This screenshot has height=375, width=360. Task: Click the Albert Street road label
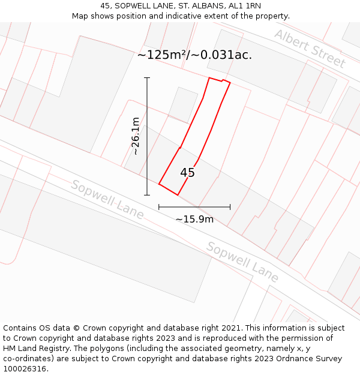310,48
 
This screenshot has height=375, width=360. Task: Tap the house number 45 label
187,173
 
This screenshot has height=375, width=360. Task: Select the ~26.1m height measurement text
136,136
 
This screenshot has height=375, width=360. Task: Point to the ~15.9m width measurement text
194,219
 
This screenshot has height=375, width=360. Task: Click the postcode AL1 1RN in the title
245,6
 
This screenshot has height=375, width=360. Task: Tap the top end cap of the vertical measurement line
147,77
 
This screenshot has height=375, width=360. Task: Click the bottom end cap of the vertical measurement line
147,195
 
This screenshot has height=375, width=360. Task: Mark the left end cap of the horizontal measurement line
159,207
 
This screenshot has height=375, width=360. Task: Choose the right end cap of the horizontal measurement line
230,207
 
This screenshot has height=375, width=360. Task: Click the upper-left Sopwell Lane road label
107,199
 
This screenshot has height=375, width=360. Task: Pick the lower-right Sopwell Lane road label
242,262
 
